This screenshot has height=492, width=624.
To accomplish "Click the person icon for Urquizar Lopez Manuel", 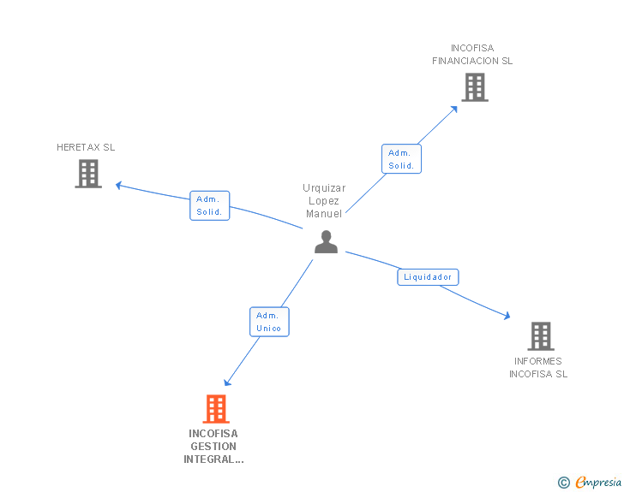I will [326, 242].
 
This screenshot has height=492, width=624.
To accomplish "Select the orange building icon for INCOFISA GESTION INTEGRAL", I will [216, 409].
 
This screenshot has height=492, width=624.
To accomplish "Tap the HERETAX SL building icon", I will [88, 174].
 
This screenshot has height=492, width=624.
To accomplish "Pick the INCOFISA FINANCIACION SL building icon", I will [474, 87].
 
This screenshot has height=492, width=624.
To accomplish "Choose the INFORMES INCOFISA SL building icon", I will [540, 336].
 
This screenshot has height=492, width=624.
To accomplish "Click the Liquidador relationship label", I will [428, 277].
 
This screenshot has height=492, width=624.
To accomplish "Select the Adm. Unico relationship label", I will [269, 322].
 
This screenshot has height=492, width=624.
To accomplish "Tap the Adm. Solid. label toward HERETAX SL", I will [209, 205].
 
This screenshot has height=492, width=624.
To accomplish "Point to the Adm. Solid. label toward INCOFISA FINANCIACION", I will [401, 159].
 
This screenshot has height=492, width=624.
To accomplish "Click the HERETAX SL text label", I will [86, 147].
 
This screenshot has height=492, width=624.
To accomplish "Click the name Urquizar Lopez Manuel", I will [323, 201].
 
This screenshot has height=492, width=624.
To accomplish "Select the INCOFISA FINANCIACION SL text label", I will [472, 55].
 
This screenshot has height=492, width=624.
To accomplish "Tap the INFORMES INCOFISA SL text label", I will [538, 367].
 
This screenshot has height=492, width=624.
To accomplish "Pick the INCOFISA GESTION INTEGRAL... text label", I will [213, 447].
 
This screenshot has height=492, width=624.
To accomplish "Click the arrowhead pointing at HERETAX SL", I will [119, 185].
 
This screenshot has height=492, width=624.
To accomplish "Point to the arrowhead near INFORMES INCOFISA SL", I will [507, 316].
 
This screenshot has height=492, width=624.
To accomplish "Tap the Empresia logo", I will [598, 483].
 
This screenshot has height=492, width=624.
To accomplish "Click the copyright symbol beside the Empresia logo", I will [563, 483].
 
